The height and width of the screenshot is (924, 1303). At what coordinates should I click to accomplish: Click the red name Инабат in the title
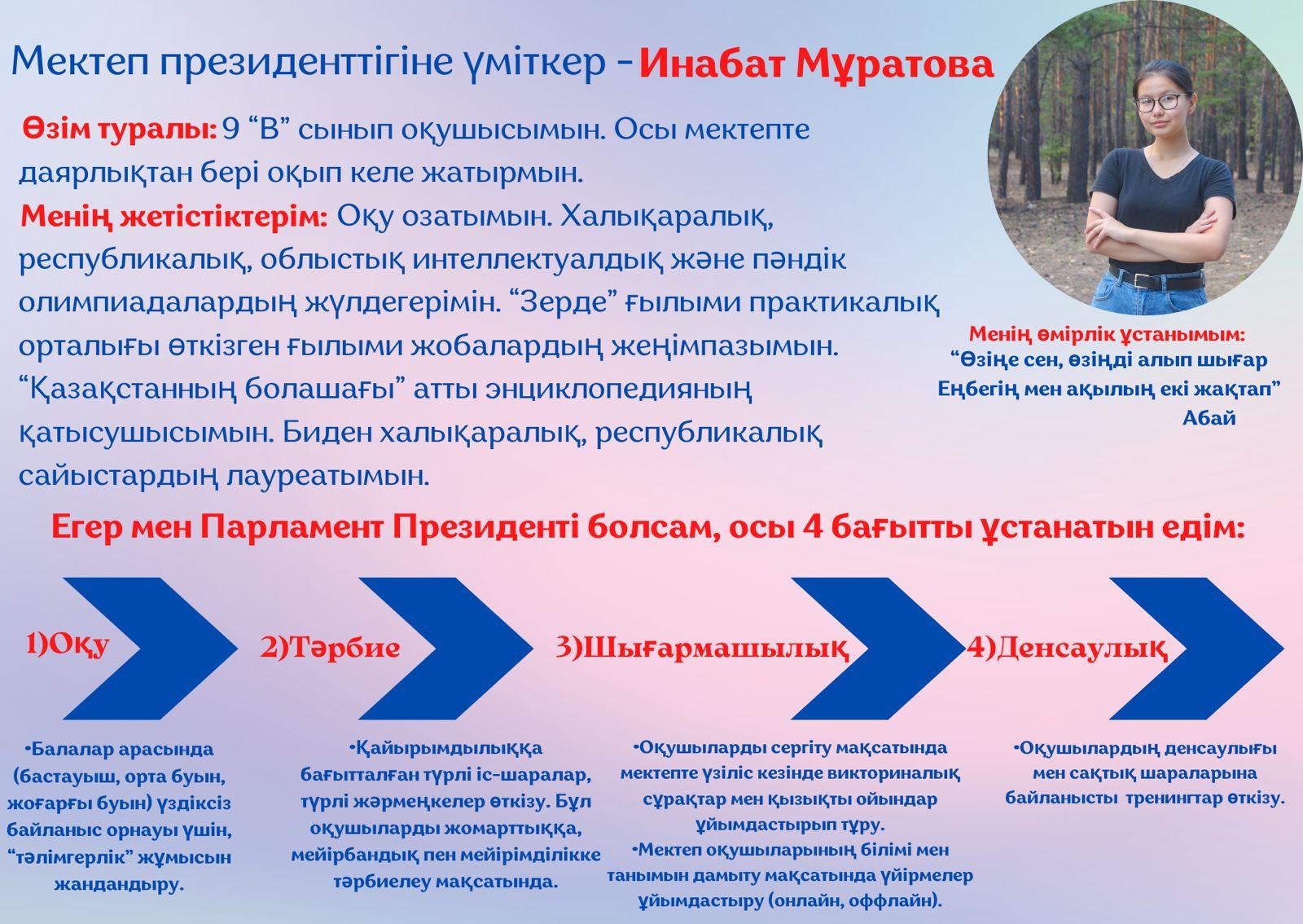coord(712,64)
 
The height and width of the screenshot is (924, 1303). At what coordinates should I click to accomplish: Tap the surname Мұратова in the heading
coord(894,65)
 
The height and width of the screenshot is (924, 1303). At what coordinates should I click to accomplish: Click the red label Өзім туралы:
coord(120,130)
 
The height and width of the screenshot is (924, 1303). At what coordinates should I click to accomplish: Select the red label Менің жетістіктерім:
coord(174,217)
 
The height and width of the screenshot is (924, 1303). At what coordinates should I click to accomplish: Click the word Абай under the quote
coord(1209,418)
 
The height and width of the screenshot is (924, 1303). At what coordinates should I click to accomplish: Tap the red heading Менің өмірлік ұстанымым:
coord(1107,334)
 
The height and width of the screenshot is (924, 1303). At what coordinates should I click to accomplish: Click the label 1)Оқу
coord(68,645)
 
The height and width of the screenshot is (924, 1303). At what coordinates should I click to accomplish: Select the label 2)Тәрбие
coord(330,647)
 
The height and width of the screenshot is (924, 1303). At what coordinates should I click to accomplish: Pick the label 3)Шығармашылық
coord(701,648)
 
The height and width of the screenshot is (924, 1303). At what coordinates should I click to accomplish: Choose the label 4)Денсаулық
coord(1068,648)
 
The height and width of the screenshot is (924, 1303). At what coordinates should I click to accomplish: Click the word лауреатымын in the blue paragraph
coord(328,476)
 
